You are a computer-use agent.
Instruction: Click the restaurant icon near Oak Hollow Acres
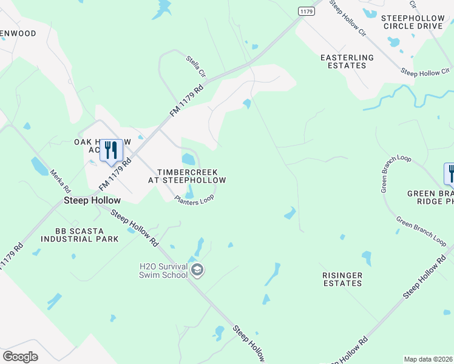(x=111, y=150)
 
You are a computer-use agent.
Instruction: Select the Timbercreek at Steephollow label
(x=187, y=176)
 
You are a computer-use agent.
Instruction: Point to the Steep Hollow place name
(x=93, y=200)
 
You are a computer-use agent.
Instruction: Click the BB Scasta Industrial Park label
(x=79, y=235)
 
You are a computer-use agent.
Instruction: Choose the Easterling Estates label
(x=347, y=62)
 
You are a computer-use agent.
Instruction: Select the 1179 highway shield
(x=307, y=11)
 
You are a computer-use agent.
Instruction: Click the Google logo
(x=20, y=357)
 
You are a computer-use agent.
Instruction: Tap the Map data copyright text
(x=429, y=359)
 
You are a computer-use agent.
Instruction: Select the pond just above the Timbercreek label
(x=189, y=160)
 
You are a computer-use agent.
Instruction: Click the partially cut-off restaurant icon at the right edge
(x=450, y=174)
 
